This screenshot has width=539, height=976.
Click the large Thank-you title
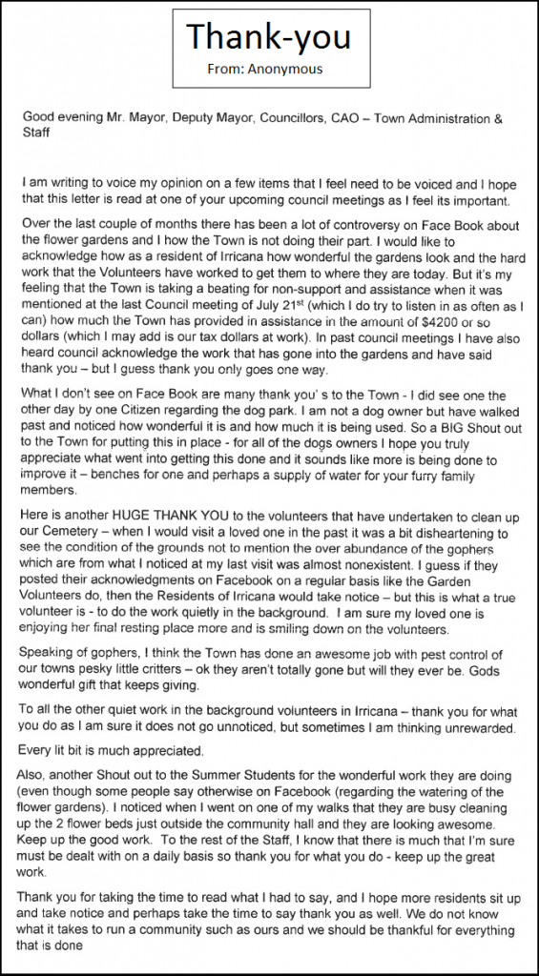(268, 37)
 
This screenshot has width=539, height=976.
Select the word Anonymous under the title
(295, 69)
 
